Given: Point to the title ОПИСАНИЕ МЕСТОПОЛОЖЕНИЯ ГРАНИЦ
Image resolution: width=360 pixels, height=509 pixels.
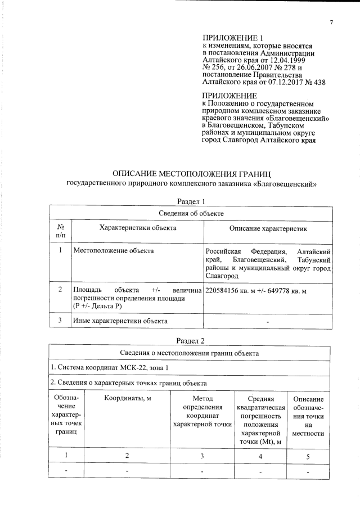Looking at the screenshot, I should [x=192, y=173].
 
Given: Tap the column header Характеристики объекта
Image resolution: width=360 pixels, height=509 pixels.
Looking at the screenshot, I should [x=137, y=228].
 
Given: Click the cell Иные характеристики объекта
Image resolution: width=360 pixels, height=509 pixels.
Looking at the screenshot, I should [x=120, y=321].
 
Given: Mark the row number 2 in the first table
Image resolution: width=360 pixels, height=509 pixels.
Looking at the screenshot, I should [x=60, y=290].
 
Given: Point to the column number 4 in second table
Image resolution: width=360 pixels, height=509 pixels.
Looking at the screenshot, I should [x=260, y=456].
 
